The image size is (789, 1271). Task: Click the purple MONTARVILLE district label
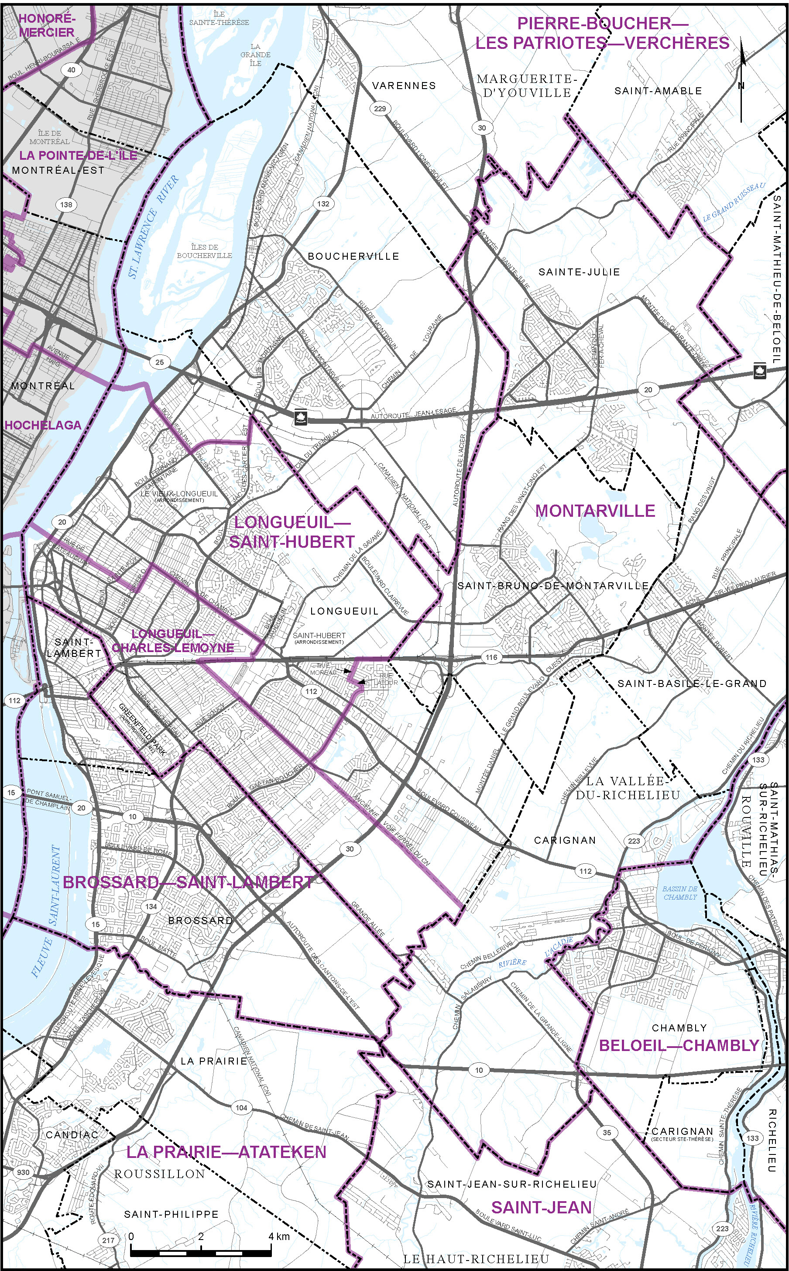595,511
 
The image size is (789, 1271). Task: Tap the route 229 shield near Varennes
380,109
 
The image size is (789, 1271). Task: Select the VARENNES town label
404,86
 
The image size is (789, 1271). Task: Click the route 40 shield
71,70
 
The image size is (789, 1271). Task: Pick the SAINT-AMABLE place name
658,91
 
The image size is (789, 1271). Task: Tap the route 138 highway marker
66,205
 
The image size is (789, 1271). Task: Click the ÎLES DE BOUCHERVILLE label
205,251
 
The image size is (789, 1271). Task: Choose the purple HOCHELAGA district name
43,425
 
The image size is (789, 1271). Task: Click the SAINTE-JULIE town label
579,272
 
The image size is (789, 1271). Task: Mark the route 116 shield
491,657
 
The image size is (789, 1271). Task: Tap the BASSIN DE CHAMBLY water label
680,893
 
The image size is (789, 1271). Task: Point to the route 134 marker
151,906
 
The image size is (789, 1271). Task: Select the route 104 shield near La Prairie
241,1108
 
